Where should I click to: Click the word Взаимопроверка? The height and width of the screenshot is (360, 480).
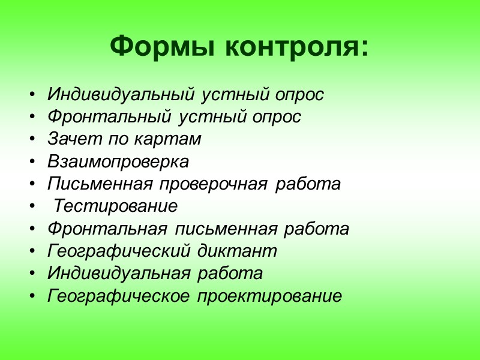[x=118, y=161]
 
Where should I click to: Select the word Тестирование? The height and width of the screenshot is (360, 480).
[x=116, y=206]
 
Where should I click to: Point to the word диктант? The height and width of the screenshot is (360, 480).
[x=242, y=251]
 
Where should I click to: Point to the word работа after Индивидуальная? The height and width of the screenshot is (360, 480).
[x=230, y=274]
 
